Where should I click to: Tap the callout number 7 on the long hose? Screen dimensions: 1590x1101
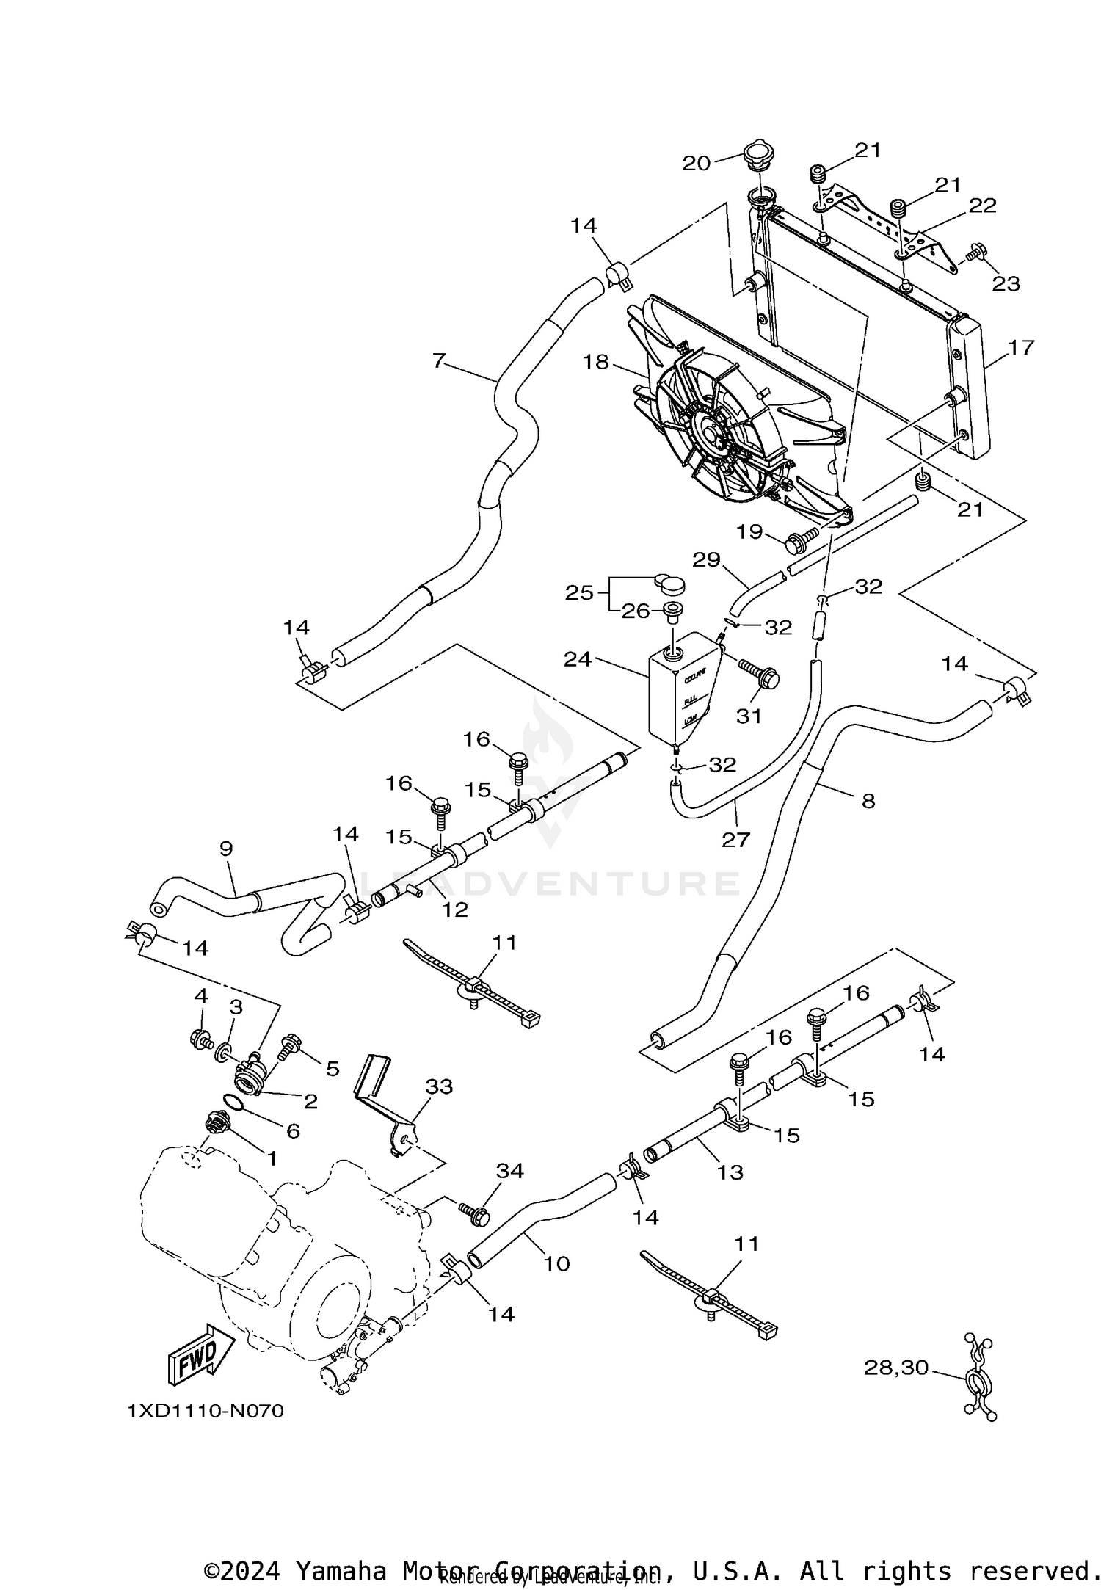coord(439,360)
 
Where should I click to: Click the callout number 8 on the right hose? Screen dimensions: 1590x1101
coord(868,801)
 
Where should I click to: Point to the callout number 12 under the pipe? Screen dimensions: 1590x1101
coord(455,910)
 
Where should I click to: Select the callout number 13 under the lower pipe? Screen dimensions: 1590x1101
coord(730,1172)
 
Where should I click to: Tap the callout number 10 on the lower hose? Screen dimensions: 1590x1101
coord(557,1263)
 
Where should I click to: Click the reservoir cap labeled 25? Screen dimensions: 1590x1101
coord(669,584)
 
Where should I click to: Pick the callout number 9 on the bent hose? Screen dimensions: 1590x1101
coord(226,849)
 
